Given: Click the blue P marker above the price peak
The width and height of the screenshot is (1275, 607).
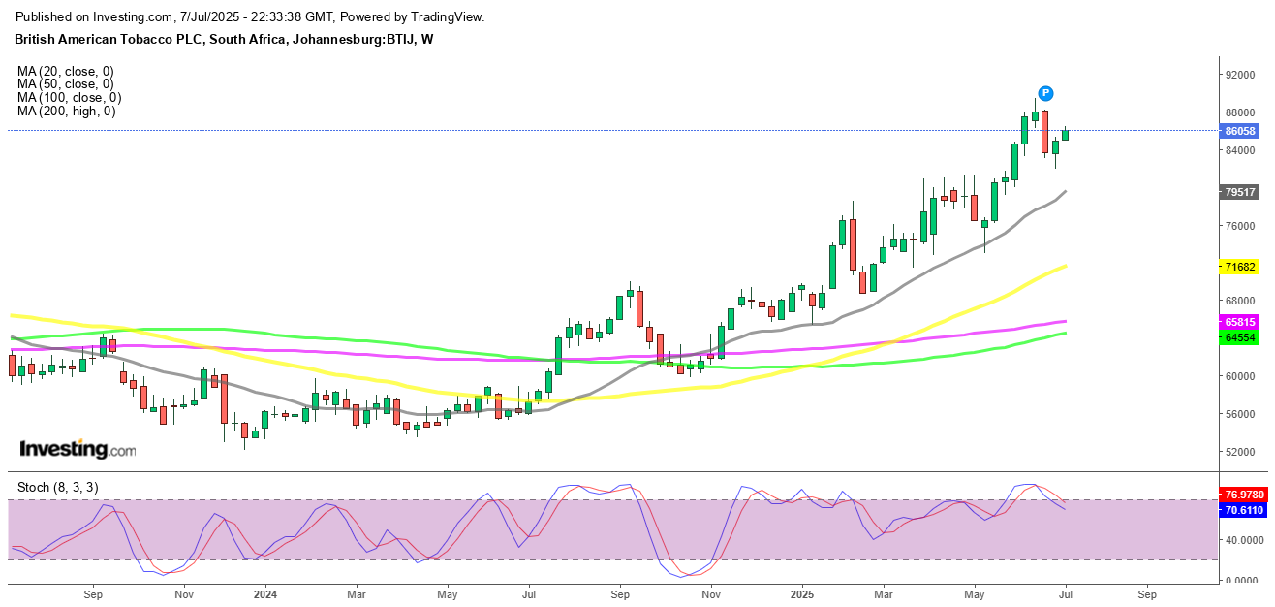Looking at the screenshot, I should pyautogui.click(x=1045, y=93).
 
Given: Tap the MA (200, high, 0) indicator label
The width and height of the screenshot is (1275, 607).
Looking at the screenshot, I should pyautogui.click(x=66, y=112).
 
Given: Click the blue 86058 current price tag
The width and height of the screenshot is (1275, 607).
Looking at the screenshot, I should pyautogui.click(x=1240, y=131).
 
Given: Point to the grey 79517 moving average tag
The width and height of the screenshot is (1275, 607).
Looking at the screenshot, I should pyautogui.click(x=1240, y=192).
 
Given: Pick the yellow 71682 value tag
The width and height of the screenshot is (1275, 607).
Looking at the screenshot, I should pyautogui.click(x=1240, y=266).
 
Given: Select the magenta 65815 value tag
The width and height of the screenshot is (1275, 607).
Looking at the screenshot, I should pyautogui.click(x=1240, y=322).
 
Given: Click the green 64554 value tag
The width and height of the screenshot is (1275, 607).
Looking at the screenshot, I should pyautogui.click(x=1240, y=336).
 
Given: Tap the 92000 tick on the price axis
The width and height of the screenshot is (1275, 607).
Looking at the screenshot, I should pyautogui.click(x=1241, y=75).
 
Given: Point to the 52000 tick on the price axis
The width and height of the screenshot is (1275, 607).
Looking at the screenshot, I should pyautogui.click(x=1241, y=452).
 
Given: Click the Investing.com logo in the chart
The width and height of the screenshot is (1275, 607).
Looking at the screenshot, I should pyautogui.click(x=78, y=449).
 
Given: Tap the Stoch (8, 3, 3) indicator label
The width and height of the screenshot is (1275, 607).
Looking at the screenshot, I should pyautogui.click(x=58, y=487).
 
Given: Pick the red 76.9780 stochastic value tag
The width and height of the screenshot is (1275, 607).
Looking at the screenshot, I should pyautogui.click(x=1242, y=494).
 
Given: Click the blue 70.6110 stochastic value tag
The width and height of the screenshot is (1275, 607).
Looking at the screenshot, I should pyautogui.click(x=1242, y=509).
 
